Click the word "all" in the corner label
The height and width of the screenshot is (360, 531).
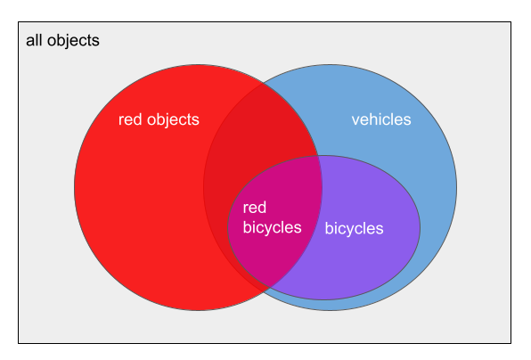click(x=34, y=40)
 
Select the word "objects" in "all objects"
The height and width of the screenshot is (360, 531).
click(x=73, y=41)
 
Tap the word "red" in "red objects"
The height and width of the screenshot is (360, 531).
click(x=130, y=119)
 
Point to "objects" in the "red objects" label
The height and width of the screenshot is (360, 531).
click(x=173, y=120)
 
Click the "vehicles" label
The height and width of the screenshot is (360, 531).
click(x=381, y=119)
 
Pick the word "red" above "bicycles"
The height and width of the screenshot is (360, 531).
click(x=255, y=208)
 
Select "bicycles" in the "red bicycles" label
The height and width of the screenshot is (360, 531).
click(x=273, y=227)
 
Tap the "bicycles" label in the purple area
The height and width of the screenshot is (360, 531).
click(x=355, y=229)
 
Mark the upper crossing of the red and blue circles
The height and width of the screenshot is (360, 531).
click(x=264, y=83)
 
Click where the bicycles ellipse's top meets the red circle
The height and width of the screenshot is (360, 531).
click(x=318, y=156)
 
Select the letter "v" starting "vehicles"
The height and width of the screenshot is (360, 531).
click(x=355, y=121)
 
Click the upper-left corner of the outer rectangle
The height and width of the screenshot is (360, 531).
click(x=19, y=22)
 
